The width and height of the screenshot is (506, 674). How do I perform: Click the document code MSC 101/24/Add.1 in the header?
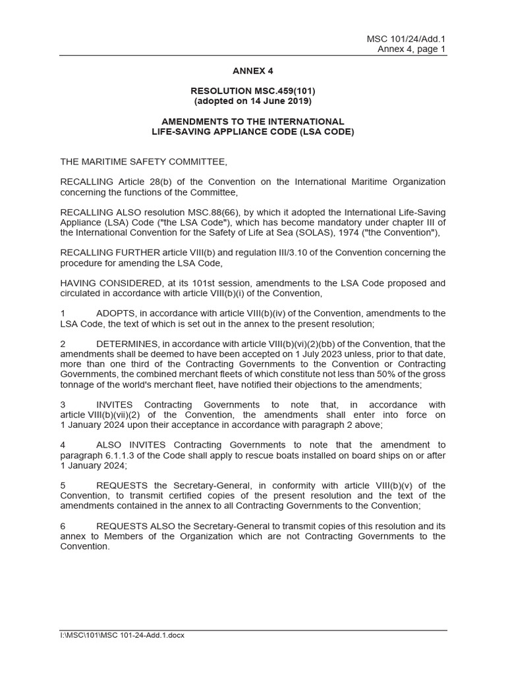(407, 39)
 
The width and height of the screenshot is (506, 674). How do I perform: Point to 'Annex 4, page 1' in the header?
(412, 49)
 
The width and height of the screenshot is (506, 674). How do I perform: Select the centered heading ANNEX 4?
(252, 70)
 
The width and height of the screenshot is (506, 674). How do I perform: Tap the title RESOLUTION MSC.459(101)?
(252, 91)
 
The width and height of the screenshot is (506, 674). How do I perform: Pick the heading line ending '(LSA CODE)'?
(252, 132)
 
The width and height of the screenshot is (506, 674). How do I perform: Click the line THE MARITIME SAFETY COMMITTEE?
(144, 161)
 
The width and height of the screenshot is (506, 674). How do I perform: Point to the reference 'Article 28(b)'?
(146, 182)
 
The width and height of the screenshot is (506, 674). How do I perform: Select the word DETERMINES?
(127, 344)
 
